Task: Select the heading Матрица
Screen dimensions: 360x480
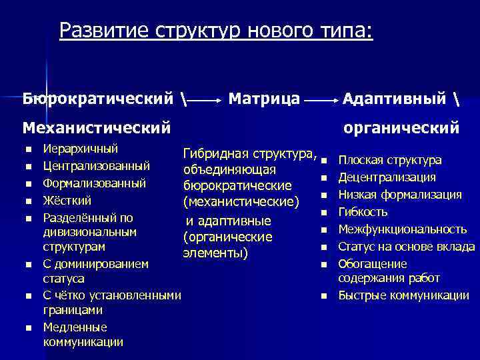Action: click(x=264, y=99)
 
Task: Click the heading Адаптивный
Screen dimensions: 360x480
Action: click(x=394, y=99)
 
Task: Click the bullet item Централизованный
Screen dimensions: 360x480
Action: click(x=96, y=165)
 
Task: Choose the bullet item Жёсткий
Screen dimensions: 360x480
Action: click(x=67, y=200)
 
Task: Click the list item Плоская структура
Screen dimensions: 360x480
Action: click(x=389, y=160)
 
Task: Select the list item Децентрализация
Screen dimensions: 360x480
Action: click(x=387, y=177)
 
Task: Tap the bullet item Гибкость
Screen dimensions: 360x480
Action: click(x=363, y=212)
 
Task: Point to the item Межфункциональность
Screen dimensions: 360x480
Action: click(x=402, y=229)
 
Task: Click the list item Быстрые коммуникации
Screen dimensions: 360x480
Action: click(x=403, y=295)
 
